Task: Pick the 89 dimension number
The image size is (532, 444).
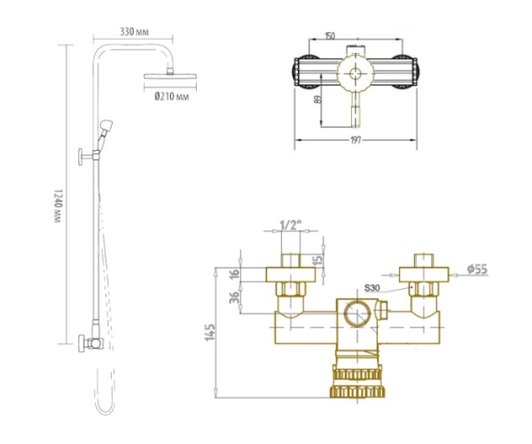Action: click(317, 100)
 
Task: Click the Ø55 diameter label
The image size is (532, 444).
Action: click(476, 268)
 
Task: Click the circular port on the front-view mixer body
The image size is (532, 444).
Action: click(356, 315)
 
